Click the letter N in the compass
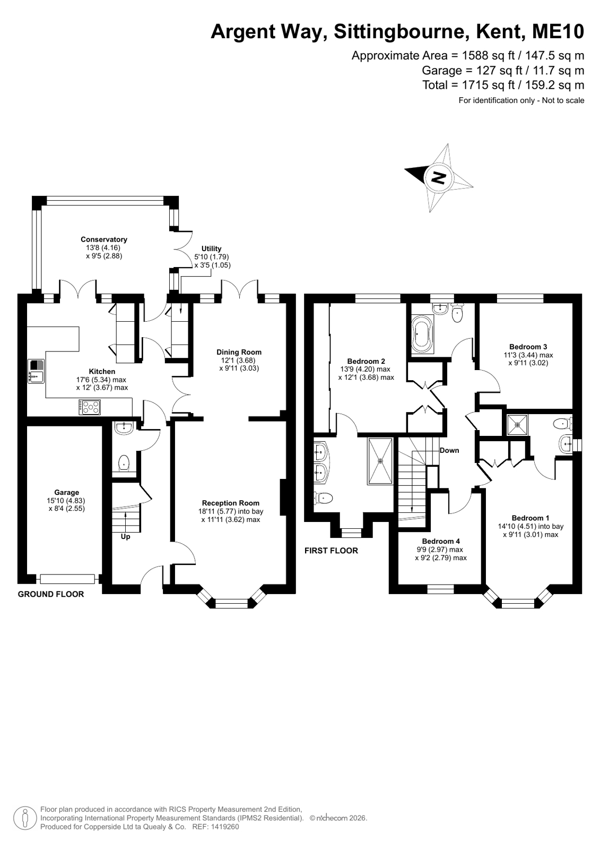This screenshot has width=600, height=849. [x=439, y=177]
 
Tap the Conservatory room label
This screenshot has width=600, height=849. [x=104, y=239]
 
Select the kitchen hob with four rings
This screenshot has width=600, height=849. [x=90, y=407]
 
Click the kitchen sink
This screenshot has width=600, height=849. [x=36, y=371]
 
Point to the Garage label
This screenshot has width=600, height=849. [x=67, y=492]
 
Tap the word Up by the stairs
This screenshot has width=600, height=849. [x=125, y=537]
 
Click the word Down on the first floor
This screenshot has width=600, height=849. [x=449, y=450]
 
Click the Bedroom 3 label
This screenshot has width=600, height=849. [x=528, y=346]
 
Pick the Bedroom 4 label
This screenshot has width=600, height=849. [x=441, y=541]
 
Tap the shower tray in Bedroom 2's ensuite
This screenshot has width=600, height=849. [x=380, y=461]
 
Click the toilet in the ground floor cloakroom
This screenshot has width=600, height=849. [x=124, y=463]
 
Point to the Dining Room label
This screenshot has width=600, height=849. [x=239, y=352]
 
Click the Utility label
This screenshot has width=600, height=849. [x=211, y=248]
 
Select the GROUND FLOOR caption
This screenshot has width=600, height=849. [x=51, y=594]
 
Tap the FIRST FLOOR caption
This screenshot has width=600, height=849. [x=331, y=550]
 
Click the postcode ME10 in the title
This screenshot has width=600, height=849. [x=558, y=31]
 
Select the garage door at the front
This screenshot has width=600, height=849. [x=67, y=579]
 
